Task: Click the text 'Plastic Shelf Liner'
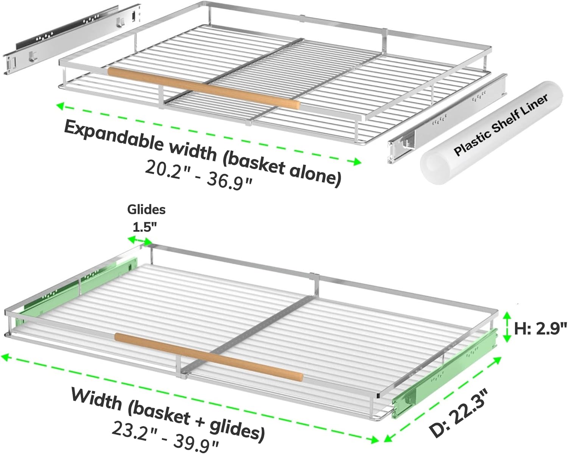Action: coord(501,125)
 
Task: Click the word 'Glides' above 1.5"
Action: coord(146,209)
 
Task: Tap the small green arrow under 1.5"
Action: coord(140,240)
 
